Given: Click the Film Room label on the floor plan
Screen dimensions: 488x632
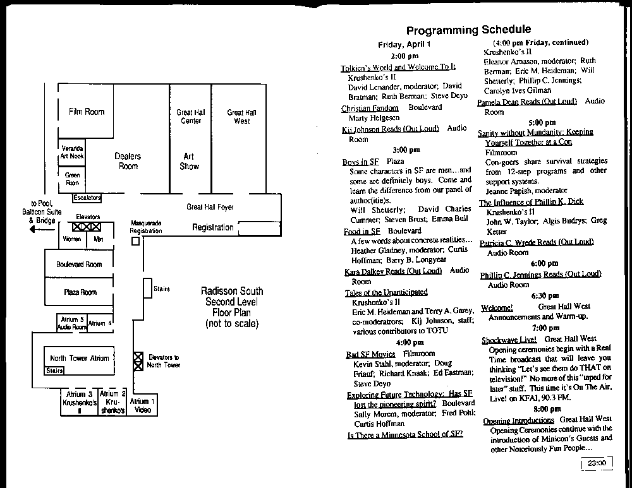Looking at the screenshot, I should coord(86,112).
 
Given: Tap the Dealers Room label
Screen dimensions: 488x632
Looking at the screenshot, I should coord(128,161).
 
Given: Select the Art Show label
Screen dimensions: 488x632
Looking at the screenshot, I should coord(189,161).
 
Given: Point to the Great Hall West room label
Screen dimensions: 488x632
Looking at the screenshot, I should coord(241,117).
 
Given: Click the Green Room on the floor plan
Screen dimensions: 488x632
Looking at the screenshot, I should coord(72,178).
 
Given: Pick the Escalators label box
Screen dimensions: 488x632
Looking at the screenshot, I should coord(87,198).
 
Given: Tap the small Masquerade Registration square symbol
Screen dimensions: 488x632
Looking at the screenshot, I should coord(135,242).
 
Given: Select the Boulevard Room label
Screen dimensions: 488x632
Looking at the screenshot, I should coord(78,265).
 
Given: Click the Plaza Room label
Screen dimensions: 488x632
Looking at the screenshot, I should coord(80,292).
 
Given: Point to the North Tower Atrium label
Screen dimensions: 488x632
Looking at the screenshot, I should coord(79,358).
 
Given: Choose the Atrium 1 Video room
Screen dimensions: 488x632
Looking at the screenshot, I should coord(142,405).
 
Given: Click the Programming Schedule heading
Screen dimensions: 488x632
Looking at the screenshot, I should coord(468,30).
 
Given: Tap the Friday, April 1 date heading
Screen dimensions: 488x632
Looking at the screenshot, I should coord(404,44).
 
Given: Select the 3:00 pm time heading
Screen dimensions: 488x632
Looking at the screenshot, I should coord(406,150).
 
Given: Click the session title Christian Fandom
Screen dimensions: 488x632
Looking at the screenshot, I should coord(370,108).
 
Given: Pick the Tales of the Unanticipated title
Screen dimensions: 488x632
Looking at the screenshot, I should coord(386,292).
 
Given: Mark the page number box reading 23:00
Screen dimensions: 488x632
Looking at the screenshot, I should coord(597,463).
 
